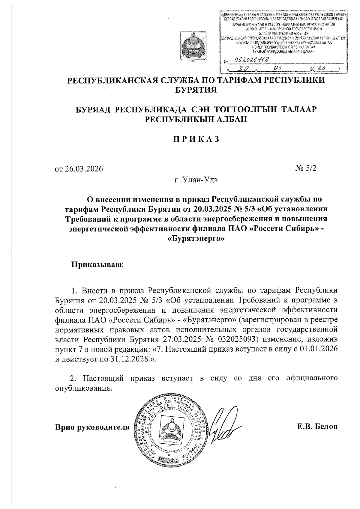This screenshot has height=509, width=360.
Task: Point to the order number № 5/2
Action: [x=306, y=168]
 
